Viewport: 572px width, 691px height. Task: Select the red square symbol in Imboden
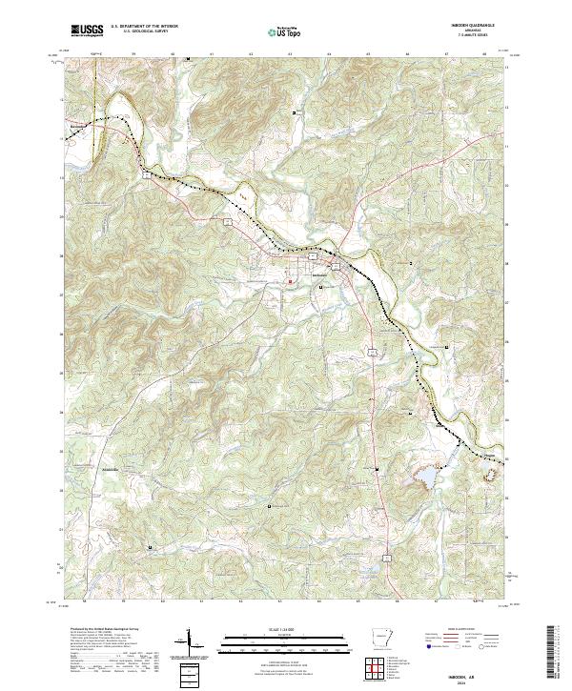pos(292,281)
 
